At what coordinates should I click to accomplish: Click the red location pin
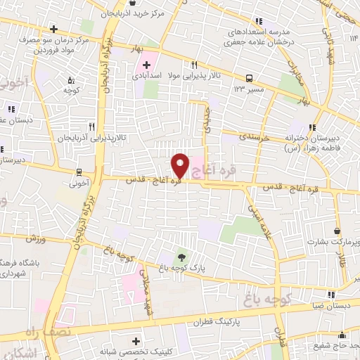pos(180,165)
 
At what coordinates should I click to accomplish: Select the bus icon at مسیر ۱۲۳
pos(250,78)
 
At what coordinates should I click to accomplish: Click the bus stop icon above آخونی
pos(79,171)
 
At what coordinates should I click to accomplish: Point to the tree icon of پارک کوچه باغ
pos(183,257)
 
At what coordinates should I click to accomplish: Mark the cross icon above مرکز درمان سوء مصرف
pos(54,29)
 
